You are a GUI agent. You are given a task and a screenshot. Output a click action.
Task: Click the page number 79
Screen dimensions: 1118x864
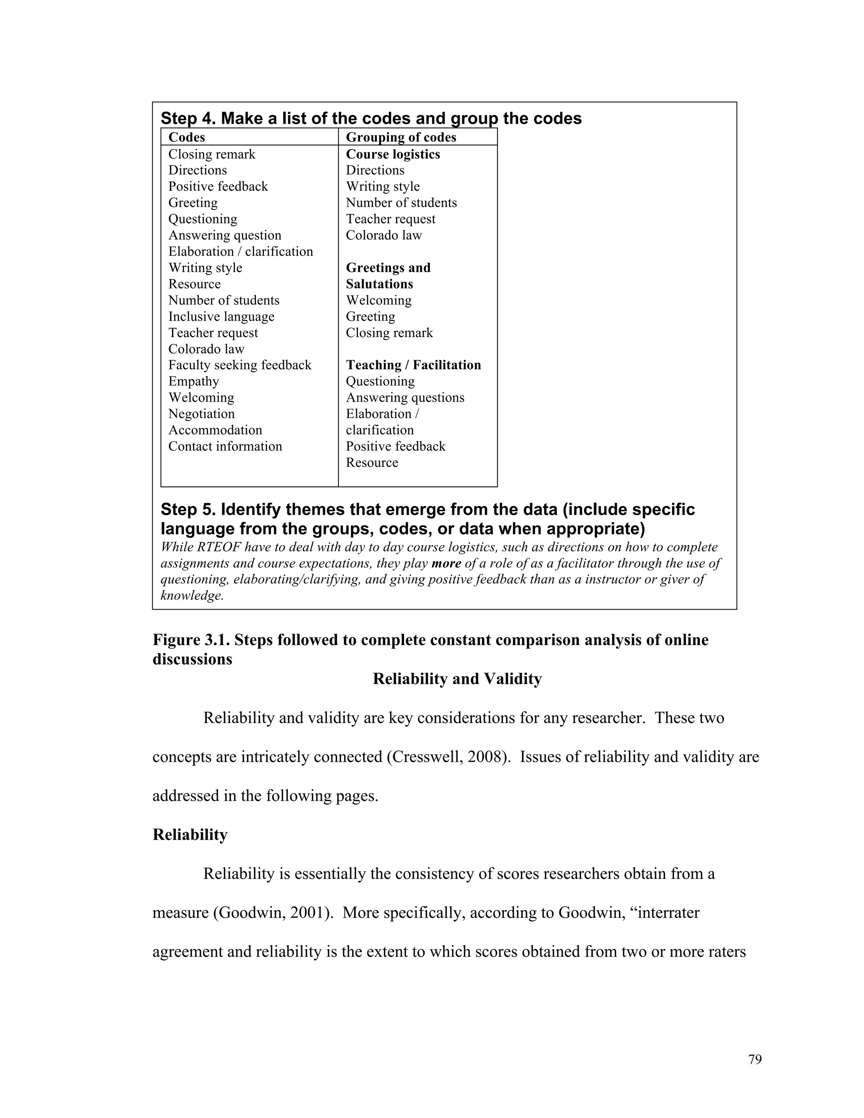click(x=754, y=1059)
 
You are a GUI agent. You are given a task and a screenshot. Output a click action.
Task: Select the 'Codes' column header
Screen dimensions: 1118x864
click(x=186, y=137)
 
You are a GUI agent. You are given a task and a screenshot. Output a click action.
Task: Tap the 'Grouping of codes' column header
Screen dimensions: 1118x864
click(x=401, y=137)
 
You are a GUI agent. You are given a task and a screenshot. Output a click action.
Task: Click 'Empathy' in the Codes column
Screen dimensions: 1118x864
click(x=194, y=381)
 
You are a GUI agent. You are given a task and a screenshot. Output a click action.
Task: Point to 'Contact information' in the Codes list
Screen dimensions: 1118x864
click(x=225, y=446)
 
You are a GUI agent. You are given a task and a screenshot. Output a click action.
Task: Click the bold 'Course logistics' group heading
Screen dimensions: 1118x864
click(x=393, y=154)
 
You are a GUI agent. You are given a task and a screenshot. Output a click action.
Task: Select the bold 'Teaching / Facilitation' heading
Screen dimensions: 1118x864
click(x=413, y=365)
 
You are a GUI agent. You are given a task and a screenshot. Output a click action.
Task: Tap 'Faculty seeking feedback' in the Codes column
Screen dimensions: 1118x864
click(x=240, y=365)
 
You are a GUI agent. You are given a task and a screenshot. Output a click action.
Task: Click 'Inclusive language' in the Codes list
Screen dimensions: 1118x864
click(x=221, y=316)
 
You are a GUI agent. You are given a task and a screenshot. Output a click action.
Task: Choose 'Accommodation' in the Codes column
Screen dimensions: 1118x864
click(x=215, y=430)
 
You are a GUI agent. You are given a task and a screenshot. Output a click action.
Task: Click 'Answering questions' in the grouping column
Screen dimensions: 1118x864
click(x=405, y=398)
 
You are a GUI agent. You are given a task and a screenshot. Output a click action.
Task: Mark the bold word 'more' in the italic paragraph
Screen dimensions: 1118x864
click(x=446, y=564)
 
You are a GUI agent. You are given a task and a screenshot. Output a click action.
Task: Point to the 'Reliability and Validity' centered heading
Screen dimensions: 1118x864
click(x=456, y=679)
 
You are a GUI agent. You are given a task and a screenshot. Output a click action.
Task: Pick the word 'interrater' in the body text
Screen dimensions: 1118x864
click(x=666, y=912)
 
